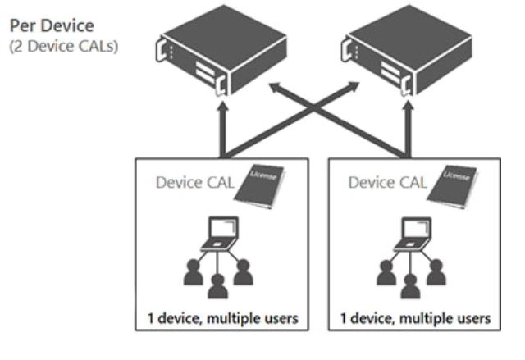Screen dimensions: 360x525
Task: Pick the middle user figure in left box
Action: (x=217, y=286)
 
